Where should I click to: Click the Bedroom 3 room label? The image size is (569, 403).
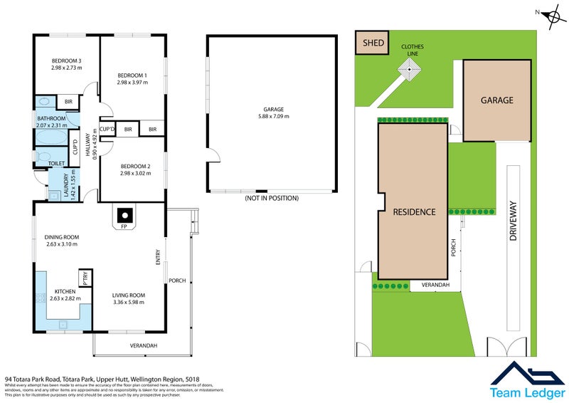pyautogui.click(x=67, y=60)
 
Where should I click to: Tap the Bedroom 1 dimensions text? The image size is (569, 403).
pyautogui.click(x=132, y=83)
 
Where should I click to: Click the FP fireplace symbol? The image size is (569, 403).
pyautogui.click(x=124, y=214)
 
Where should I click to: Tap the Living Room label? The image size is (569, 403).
pyautogui.click(x=129, y=295)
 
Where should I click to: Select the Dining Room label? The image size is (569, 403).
pyautogui.click(x=60, y=237)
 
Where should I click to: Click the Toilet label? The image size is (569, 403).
pyautogui.click(x=56, y=163)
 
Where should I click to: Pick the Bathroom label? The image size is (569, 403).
pyautogui.click(x=51, y=118)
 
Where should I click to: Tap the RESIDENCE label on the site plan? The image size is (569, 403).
pyautogui.click(x=411, y=211)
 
